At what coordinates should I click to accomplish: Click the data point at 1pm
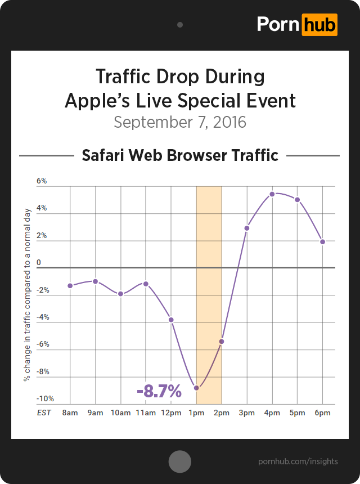(x=196, y=388)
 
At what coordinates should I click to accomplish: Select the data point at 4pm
(x=272, y=194)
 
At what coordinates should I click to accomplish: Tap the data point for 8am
(x=70, y=286)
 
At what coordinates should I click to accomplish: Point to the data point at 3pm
(x=247, y=228)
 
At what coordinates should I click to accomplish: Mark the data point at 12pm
(x=171, y=320)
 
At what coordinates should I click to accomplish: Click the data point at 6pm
(x=323, y=241)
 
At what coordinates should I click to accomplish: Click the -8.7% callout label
(x=159, y=391)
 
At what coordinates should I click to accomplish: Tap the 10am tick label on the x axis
(x=120, y=413)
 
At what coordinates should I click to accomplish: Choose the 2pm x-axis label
(x=222, y=413)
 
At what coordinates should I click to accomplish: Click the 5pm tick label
(x=298, y=413)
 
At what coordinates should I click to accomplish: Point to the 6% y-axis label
(x=42, y=181)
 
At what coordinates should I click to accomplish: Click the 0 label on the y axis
(x=39, y=263)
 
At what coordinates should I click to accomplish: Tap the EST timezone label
(x=44, y=413)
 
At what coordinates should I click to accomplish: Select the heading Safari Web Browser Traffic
(x=180, y=155)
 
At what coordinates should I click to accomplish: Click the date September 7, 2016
(x=180, y=122)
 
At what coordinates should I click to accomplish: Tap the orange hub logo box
(x=319, y=25)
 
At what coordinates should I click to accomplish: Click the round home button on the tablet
(x=180, y=461)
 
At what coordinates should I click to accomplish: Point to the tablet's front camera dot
(x=180, y=25)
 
